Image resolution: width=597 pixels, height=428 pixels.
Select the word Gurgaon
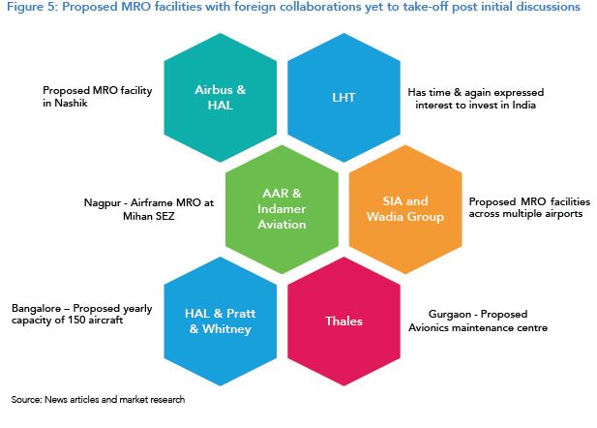pyautogui.click(x=450, y=315)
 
